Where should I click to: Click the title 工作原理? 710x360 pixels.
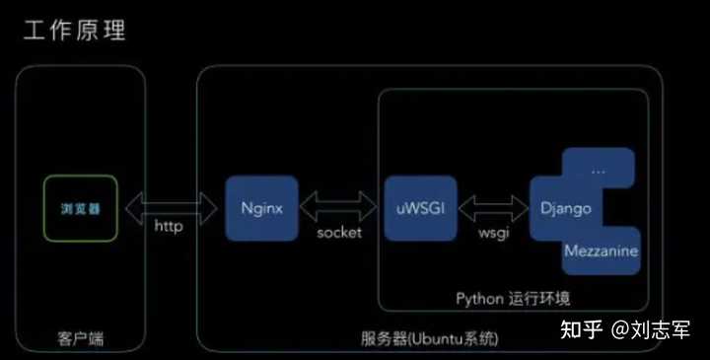75,30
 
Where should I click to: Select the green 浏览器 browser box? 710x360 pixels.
80,209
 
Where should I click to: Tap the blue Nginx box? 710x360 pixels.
261,208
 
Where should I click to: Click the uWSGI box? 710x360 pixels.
415,208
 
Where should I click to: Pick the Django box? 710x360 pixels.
565,208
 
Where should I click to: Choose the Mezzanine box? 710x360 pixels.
601,251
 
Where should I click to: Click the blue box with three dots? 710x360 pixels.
598,170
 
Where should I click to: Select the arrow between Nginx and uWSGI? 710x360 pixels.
337,205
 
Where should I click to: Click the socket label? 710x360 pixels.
337,232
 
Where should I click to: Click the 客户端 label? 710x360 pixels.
81,339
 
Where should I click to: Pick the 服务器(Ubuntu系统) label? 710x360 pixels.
430,339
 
